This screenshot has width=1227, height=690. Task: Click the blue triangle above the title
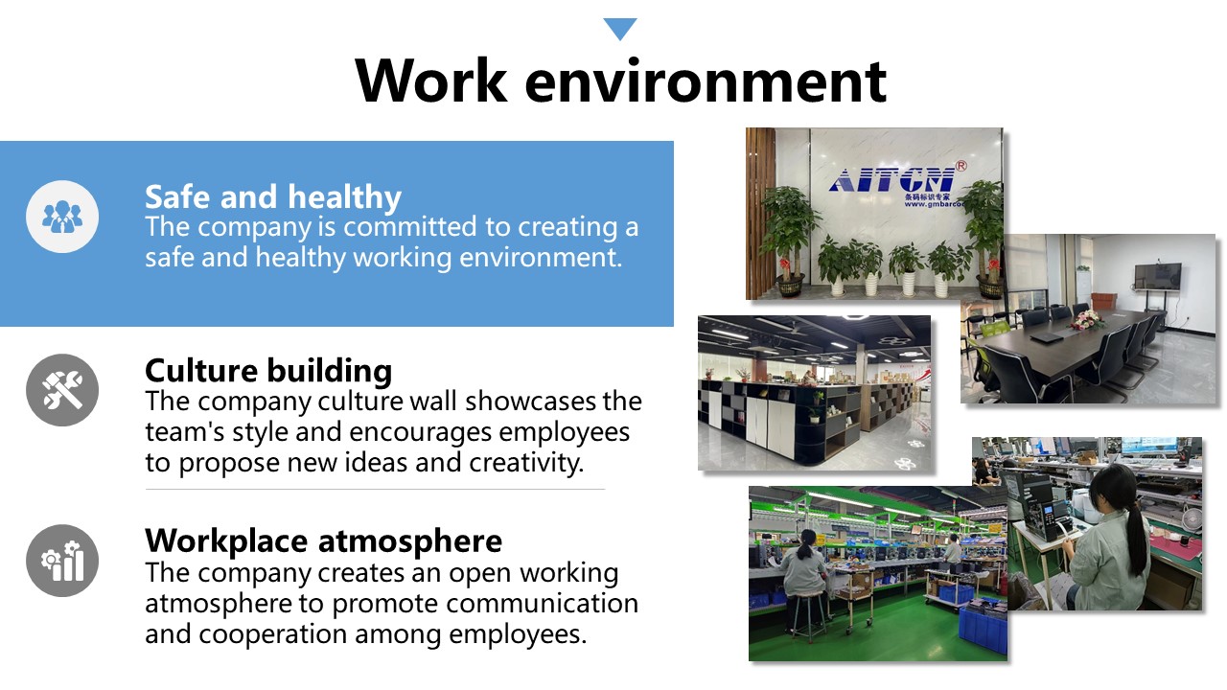(619, 28)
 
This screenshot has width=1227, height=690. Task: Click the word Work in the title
(431, 80)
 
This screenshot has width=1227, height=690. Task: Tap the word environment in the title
(706, 82)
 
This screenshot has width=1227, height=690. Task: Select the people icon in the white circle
(62, 217)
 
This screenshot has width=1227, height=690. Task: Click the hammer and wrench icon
(62, 390)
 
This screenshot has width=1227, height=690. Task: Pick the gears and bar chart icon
(62, 561)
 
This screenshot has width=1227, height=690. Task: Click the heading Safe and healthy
(273, 197)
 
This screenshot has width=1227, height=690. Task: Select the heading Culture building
(268, 371)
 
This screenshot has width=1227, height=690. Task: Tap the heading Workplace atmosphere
(323, 541)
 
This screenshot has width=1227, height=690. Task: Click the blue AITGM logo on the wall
(892, 180)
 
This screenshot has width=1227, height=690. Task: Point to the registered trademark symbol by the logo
(961, 166)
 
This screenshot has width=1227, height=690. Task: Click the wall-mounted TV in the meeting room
(1157, 277)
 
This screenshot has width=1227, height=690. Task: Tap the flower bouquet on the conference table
(1087, 320)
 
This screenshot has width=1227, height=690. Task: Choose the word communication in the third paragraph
(543, 604)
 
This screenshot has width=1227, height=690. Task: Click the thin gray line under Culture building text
(375, 489)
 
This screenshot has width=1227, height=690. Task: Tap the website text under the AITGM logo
(933, 204)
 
